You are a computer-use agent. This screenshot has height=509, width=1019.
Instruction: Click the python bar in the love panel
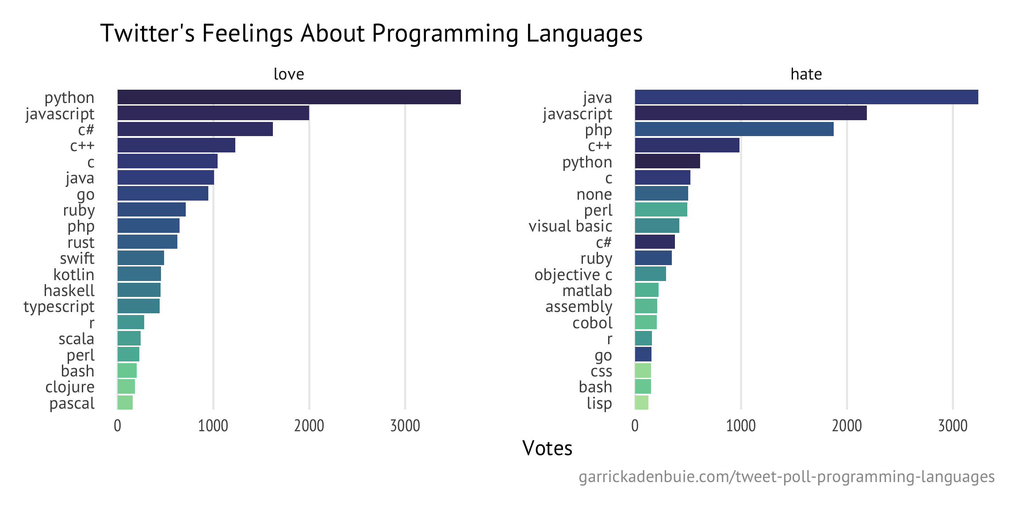(289, 97)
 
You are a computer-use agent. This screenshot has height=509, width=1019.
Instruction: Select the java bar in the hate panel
(806, 97)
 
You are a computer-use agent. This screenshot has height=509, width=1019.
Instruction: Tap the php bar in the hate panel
(734, 129)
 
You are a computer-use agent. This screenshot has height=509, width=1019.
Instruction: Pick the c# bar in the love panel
(195, 129)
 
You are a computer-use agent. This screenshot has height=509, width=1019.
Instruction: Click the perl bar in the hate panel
(661, 210)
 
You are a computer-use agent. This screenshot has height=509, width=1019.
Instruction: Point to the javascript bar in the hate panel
(751, 113)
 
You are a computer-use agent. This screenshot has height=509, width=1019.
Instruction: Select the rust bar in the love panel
(147, 242)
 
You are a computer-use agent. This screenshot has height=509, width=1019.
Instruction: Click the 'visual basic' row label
(570, 226)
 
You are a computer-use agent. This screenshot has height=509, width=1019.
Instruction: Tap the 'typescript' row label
(59, 307)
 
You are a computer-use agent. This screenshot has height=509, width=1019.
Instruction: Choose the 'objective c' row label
(573, 274)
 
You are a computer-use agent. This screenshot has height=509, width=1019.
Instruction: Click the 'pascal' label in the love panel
(72, 403)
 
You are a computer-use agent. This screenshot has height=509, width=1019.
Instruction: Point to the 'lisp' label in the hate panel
(599, 403)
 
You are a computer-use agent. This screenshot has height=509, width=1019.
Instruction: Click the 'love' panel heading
(289, 74)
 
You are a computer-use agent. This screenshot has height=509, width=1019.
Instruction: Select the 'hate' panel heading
(806, 74)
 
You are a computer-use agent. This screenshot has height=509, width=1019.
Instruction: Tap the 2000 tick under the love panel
(309, 425)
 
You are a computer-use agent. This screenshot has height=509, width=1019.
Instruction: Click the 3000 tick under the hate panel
(953, 425)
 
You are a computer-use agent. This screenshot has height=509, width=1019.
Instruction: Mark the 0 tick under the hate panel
(635, 425)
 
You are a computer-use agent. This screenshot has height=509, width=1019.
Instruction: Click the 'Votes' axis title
(547, 448)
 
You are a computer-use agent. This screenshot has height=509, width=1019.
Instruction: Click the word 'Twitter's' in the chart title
(147, 33)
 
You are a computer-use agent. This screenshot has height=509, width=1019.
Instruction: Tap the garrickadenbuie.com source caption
(786, 477)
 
